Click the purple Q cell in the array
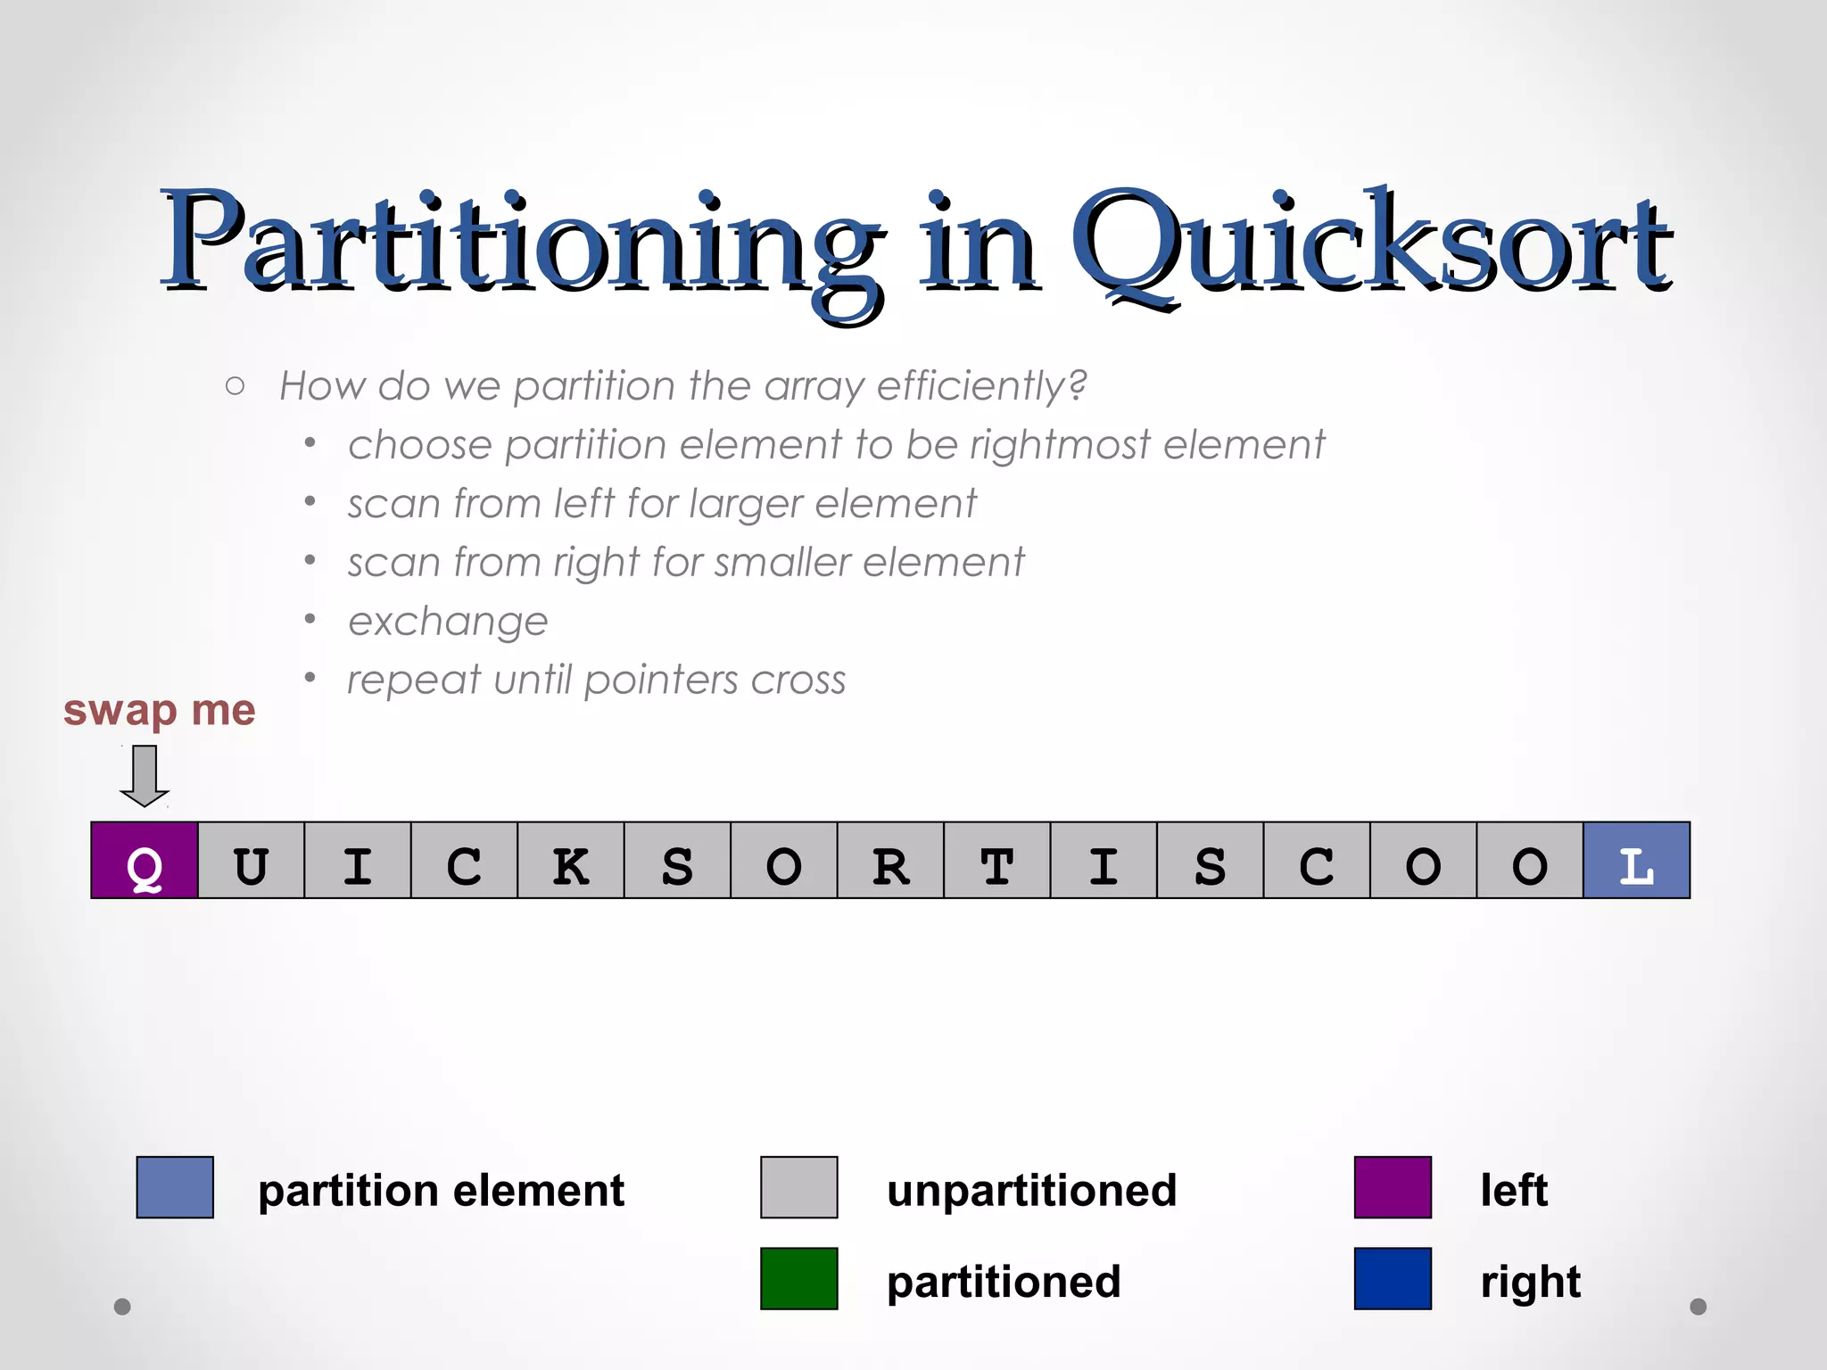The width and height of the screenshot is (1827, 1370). [x=145, y=861]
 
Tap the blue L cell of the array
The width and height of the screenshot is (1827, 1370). [x=1636, y=861]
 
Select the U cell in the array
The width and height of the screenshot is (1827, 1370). [x=251, y=861]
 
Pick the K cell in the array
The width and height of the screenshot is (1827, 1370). [x=570, y=861]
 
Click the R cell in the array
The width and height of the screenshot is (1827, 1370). [x=890, y=861]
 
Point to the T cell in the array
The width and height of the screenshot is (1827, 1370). [x=996, y=861]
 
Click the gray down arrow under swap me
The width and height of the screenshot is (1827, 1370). [x=145, y=775]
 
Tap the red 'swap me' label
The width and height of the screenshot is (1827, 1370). [x=159, y=711]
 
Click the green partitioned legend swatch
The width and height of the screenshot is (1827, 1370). [x=798, y=1278]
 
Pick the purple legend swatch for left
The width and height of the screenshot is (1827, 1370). [x=1393, y=1187]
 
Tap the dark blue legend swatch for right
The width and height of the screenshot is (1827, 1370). [x=1393, y=1278]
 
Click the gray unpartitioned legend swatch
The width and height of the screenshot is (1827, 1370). [x=798, y=1187]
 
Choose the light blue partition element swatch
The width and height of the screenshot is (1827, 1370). [x=175, y=1187]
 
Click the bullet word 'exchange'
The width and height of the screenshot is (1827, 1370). [x=448, y=622]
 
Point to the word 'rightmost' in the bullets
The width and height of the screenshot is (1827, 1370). [x=1060, y=445]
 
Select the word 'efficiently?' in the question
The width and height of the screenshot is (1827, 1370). [x=982, y=386]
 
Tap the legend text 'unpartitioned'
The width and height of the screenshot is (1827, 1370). [x=1031, y=1191]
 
